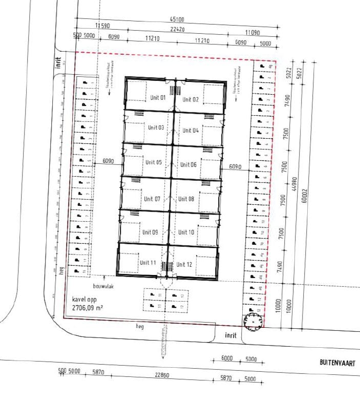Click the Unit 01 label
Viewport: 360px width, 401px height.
tap(158, 97)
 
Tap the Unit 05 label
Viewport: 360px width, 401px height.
tap(153, 163)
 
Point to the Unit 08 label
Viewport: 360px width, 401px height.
tap(187, 199)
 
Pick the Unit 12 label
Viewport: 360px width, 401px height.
tap(184, 264)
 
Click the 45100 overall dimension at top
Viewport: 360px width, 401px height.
tap(178, 19)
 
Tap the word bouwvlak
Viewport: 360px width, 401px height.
tap(103, 286)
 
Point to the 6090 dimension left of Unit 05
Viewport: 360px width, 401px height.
tap(108, 161)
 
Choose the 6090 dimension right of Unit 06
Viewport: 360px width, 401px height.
tap(235, 166)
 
